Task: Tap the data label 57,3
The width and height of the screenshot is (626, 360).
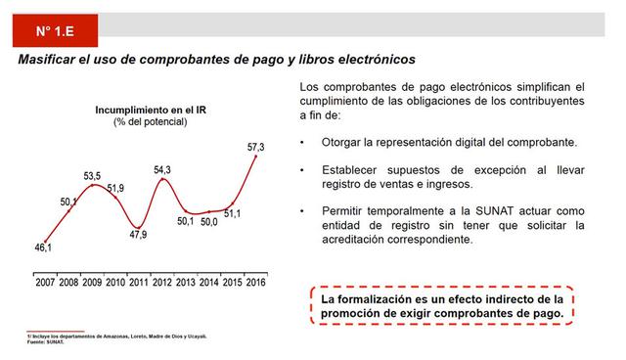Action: point(256,147)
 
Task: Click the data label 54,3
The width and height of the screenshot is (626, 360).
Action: point(162,170)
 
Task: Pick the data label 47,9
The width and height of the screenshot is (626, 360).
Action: point(138,235)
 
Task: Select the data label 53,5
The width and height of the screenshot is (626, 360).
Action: point(92,176)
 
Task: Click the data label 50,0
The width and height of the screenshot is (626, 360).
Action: point(209,223)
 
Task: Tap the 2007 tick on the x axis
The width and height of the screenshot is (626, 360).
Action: point(45,283)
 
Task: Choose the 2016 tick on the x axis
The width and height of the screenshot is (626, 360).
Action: point(256,283)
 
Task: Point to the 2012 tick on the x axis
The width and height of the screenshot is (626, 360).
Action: point(162,283)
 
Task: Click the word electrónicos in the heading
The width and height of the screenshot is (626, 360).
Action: point(373,61)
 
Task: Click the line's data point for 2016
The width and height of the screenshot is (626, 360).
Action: point(256,157)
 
